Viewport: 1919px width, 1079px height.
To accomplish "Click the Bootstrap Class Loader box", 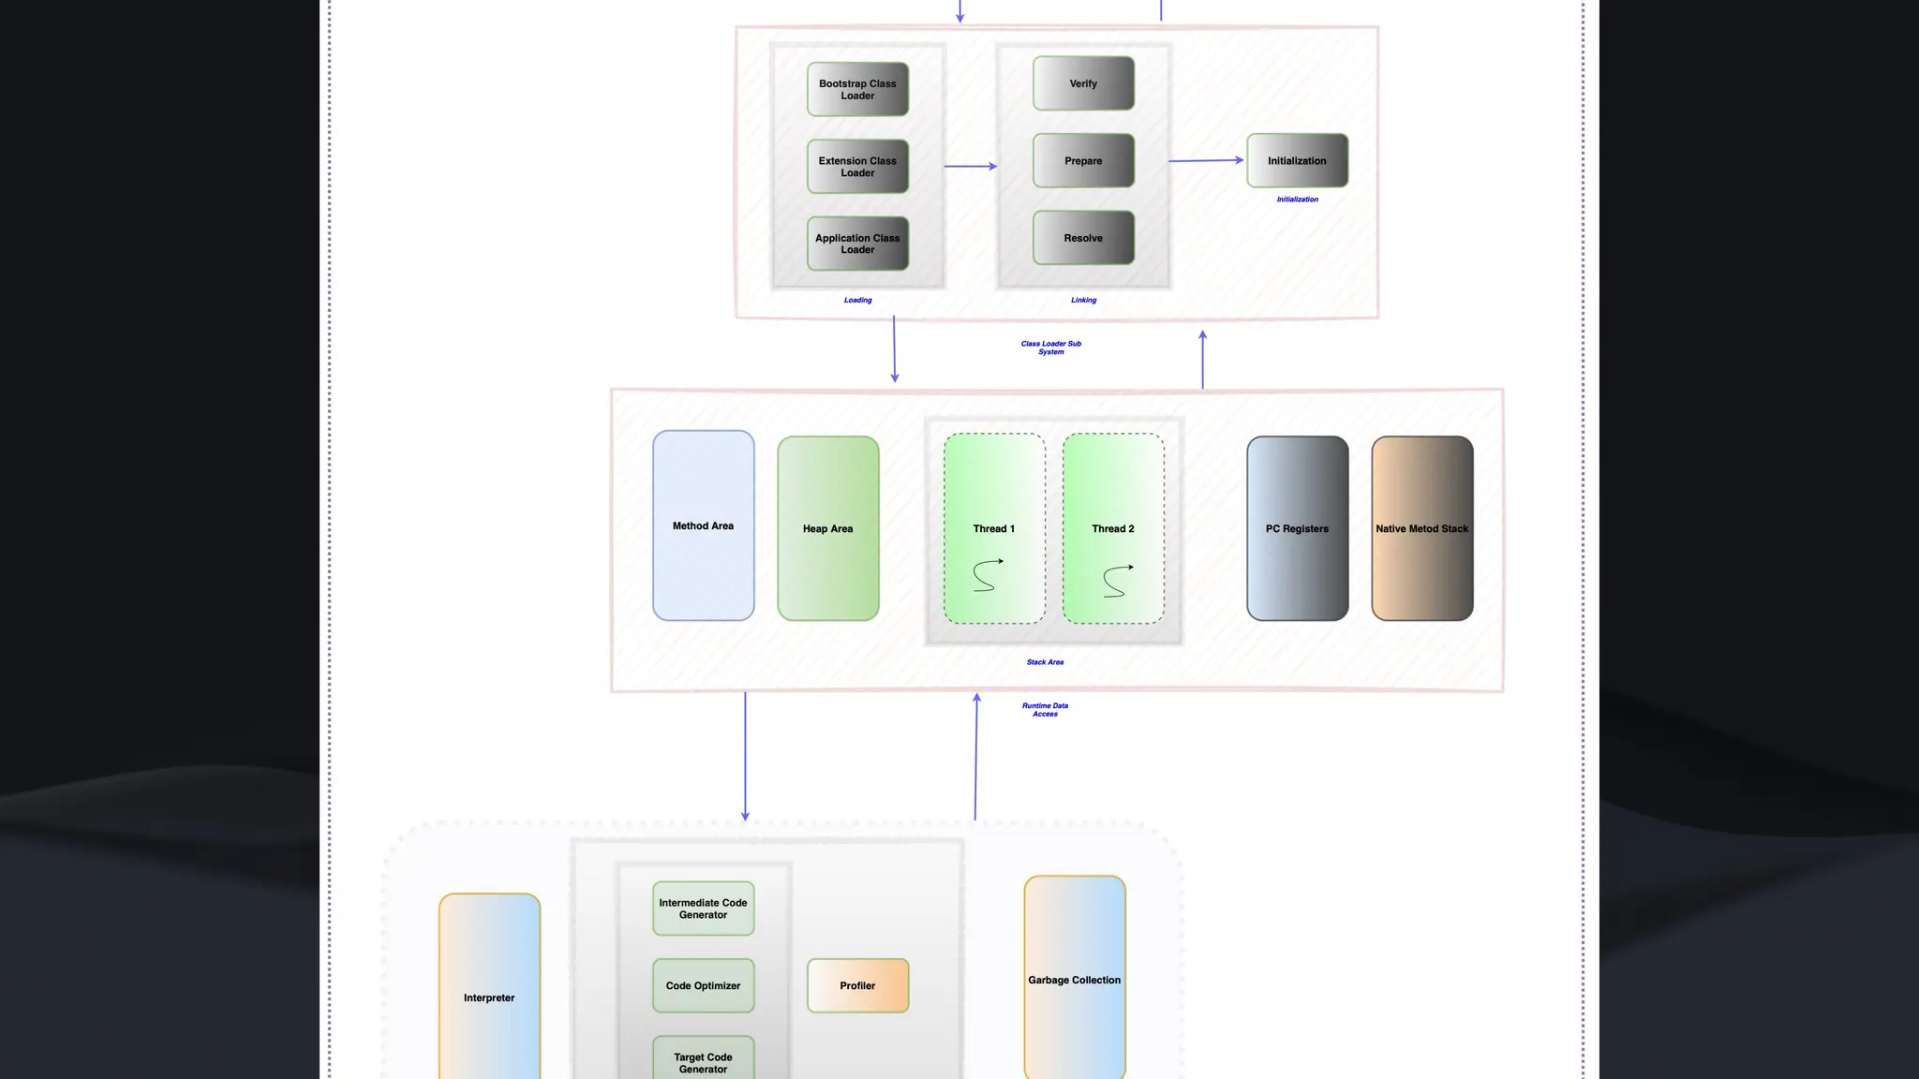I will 857,90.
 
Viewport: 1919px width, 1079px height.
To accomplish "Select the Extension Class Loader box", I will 857,167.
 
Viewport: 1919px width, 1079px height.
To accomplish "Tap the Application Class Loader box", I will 857,244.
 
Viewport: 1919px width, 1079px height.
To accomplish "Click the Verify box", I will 1083,83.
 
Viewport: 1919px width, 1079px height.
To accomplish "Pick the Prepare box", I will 1083,161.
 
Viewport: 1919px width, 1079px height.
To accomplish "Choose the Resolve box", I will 1083,238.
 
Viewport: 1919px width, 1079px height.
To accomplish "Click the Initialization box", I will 1297,161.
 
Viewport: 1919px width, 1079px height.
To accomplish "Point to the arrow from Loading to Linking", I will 970,167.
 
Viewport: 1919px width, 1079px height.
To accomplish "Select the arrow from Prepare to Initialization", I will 1207,161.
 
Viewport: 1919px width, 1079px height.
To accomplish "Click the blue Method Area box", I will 703,525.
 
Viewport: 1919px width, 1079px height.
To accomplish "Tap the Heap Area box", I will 827,528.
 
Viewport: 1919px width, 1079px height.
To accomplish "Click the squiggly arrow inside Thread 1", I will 987,575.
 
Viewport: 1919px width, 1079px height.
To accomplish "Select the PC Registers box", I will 1297,528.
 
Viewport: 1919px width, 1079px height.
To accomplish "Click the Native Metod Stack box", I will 1421,528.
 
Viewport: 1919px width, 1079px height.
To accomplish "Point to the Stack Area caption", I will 1045,662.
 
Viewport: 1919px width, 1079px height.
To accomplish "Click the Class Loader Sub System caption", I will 1050,347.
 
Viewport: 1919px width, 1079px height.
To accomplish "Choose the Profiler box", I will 857,985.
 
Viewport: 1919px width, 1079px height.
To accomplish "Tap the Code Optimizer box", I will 703,985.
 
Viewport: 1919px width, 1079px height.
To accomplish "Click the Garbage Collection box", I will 1074,980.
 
